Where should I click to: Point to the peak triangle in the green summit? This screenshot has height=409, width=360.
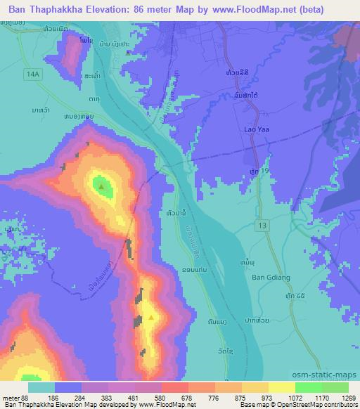pos(103,187)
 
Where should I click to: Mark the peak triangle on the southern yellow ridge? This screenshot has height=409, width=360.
pos(151,318)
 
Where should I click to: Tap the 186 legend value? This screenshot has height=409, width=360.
pos(52,397)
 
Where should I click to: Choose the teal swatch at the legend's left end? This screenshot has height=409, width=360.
pos(41,387)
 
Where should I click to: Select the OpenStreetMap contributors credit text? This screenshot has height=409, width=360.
pos(322,405)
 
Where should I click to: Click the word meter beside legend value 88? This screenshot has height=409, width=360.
pos(13,397)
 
